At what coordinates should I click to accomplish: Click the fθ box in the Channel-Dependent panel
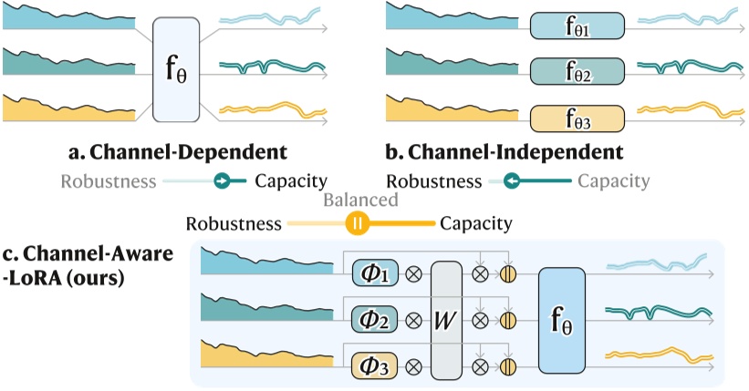point(176,69)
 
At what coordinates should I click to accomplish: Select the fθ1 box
point(577,26)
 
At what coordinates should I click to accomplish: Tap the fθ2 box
point(577,71)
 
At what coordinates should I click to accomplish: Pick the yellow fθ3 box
point(577,118)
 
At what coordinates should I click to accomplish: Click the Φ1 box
point(375,273)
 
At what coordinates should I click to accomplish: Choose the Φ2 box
point(375,319)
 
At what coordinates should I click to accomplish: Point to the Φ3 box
point(375,365)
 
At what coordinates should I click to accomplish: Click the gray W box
point(447,320)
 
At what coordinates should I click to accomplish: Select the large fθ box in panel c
point(562,320)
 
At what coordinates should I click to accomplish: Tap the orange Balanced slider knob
point(358,223)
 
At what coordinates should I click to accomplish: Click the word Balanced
point(360,200)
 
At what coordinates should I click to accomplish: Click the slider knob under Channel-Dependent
point(222,181)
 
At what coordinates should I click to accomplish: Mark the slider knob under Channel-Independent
point(512,181)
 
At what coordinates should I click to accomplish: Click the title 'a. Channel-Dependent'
point(178,152)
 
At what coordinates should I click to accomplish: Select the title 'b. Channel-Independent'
point(505,152)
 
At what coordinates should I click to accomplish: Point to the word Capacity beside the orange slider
point(476,223)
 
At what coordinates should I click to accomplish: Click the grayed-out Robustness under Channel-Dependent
point(109,181)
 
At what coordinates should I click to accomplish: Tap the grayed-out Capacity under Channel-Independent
point(614,181)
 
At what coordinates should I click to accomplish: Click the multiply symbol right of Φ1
point(413,274)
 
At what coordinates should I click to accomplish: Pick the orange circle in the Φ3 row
point(508,366)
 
